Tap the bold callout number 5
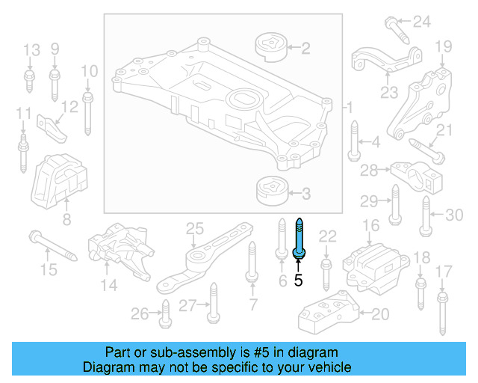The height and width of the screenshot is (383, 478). pos(299,281)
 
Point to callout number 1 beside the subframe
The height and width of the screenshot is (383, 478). pos(349,109)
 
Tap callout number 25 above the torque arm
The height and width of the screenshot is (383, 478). pos(194,227)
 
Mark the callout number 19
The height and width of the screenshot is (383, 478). pos(444,47)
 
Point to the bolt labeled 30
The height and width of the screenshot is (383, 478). pos(426,216)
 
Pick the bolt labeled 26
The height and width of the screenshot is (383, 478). pos(164,313)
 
